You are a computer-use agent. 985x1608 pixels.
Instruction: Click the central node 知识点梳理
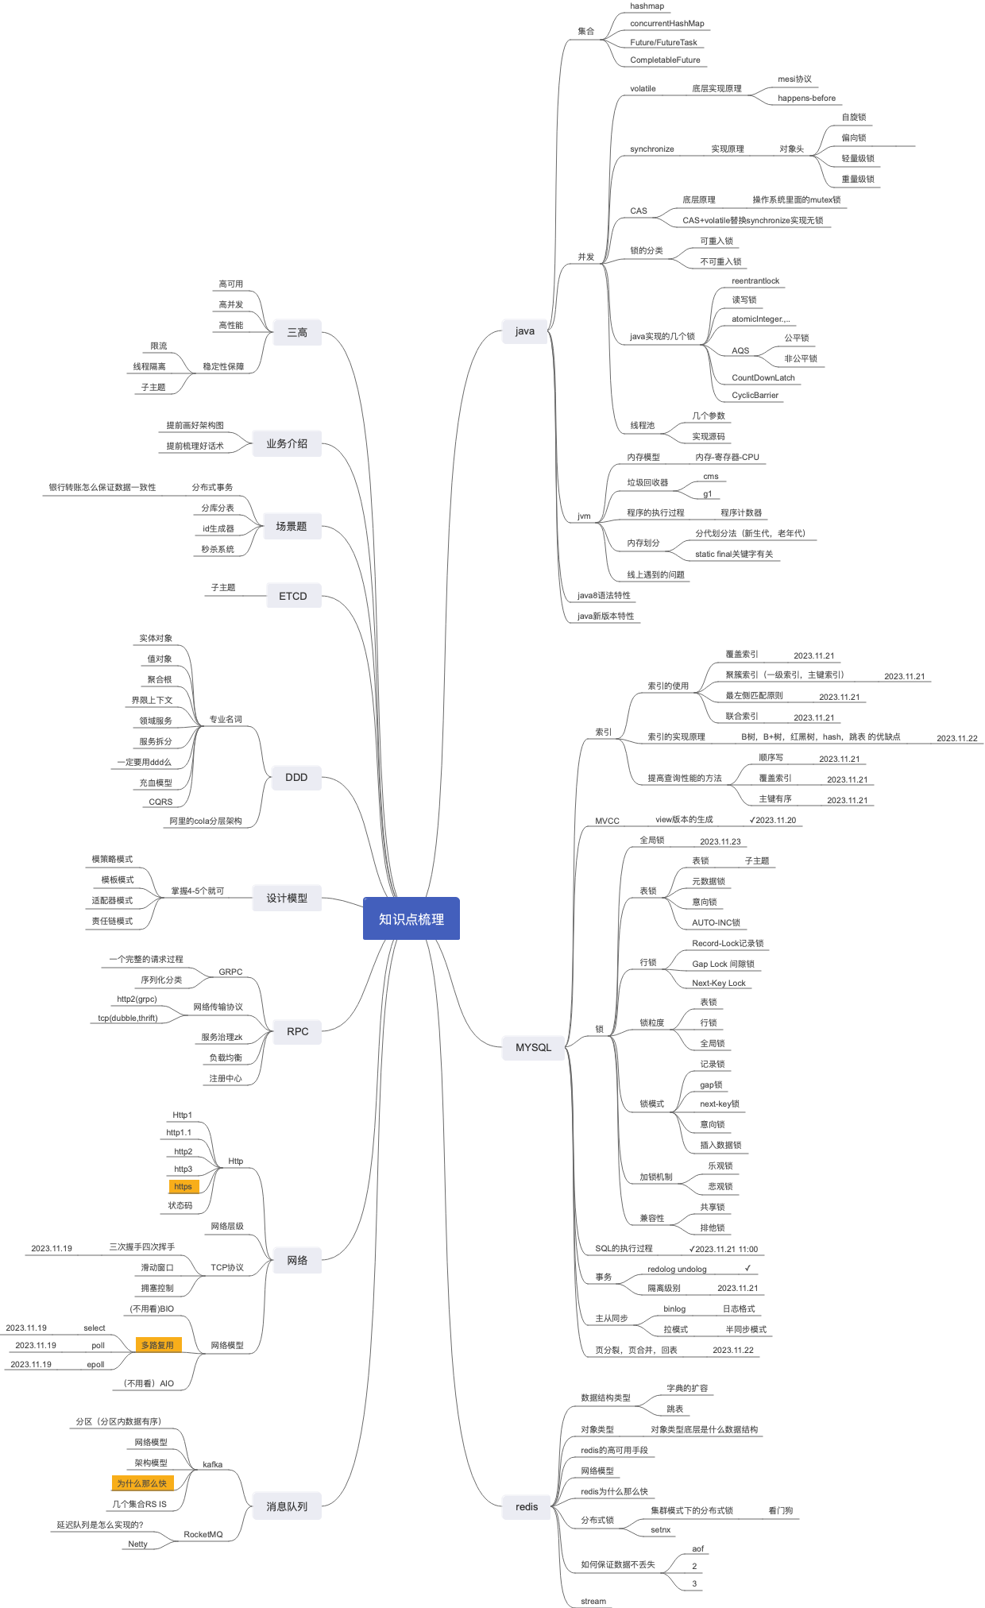tap(411, 918)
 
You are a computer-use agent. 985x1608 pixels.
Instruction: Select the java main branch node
tap(524, 331)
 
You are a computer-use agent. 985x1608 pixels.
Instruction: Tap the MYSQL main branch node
tap(533, 1047)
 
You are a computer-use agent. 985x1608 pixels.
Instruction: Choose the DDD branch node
tap(296, 777)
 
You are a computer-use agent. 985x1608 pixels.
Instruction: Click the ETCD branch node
tap(292, 596)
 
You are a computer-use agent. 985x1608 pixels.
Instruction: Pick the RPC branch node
tap(297, 1031)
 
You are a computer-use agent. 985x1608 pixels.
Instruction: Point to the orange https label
tap(183, 1186)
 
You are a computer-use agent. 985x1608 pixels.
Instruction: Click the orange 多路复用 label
tap(157, 1345)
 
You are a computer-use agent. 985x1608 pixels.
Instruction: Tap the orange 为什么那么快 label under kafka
tap(142, 1483)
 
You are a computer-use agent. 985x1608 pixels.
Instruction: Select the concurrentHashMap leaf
tap(666, 24)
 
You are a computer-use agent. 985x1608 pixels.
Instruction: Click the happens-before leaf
tap(806, 99)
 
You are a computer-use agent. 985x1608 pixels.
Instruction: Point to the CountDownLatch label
tap(763, 378)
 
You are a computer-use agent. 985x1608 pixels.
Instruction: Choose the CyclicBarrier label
tap(755, 396)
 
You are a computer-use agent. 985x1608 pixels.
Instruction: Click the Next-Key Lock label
tap(718, 984)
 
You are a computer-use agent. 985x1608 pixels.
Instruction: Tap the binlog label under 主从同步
tap(674, 1308)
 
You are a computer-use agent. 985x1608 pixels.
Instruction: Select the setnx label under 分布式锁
tap(660, 1529)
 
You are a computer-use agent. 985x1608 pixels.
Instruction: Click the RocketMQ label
tap(203, 1534)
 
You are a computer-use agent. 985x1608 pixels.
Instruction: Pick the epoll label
tap(95, 1364)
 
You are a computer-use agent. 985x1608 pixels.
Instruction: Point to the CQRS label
tap(160, 802)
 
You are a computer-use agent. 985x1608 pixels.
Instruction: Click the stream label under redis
tap(593, 1601)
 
